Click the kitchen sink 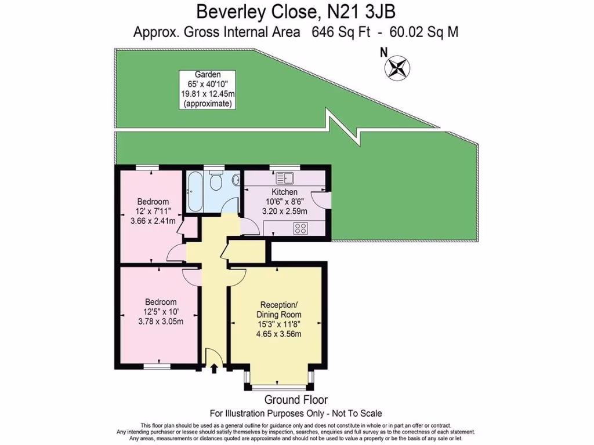pyautogui.click(x=285, y=178)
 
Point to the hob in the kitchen pyautogui.click(x=300, y=229)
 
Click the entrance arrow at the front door pyautogui.click(x=214, y=368)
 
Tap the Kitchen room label pyautogui.click(x=284, y=192)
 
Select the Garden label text pyautogui.click(x=207, y=74)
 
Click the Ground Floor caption pyautogui.click(x=296, y=400)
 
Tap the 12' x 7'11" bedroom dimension pyautogui.click(x=153, y=211)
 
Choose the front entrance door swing pyautogui.click(x=212, y=356)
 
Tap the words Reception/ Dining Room pyautogui.click(x=280, y=310)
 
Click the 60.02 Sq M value pyautogui.click(x=423, y=32)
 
